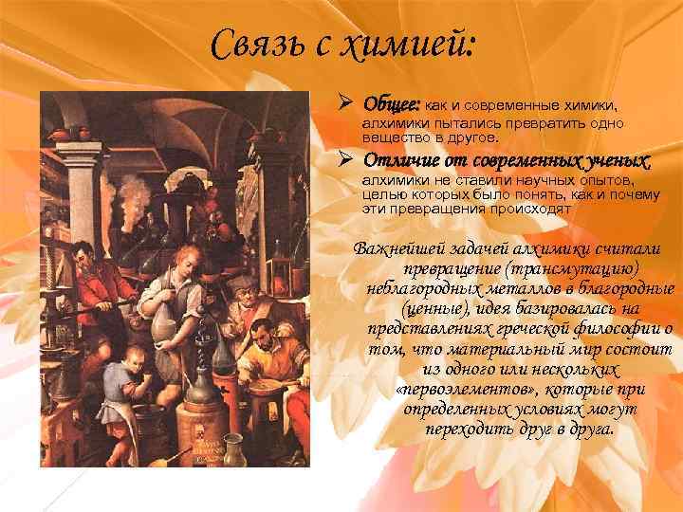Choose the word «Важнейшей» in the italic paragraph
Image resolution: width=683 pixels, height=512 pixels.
tap(392, 248)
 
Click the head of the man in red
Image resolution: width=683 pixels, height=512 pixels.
tap(86, 256)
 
